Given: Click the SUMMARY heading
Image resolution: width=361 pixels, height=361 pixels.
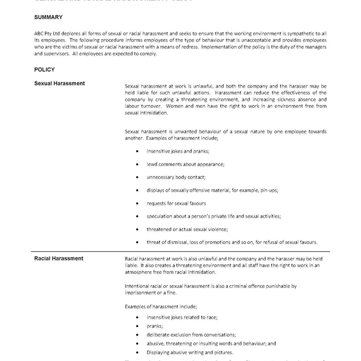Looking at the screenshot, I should pyautogui.click(x=48, y=18).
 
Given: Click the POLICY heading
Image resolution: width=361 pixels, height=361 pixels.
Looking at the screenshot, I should pyautogui.click(x=44, y=69).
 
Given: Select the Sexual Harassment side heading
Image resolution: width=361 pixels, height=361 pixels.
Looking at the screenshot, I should pyautogui.click(x=59, y=83).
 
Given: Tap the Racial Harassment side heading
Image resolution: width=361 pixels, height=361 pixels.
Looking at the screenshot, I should pyautogui.click(x=59, y=258).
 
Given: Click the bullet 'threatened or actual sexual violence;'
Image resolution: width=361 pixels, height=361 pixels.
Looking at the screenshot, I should pyautogui.click(x=187, y=229).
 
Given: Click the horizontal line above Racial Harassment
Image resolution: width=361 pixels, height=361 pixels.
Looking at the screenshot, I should pyautogui.click(x=180, y=252).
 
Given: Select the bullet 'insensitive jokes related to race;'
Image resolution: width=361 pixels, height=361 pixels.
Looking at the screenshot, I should pyautogui.click(x=182, y=317).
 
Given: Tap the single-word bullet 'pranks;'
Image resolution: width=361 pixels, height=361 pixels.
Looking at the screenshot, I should pyautogui.click(x=155, y=326).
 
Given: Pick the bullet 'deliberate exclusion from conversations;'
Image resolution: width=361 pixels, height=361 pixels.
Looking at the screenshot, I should pyautogui.click(x=191, y=335).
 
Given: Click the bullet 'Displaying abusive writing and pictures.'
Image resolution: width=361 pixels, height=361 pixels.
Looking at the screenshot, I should pyautogui.click(x=189, y=352).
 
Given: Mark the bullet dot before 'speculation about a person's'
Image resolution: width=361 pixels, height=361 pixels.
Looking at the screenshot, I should pyautogui.click(x=137, y=216).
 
